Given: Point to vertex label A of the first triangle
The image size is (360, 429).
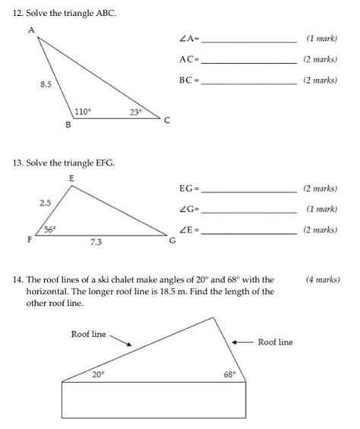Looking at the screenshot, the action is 31,29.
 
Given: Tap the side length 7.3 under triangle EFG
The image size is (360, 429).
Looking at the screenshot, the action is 96,243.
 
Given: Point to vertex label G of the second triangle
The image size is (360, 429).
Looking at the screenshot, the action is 172,241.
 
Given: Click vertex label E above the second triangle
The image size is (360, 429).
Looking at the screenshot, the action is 71,177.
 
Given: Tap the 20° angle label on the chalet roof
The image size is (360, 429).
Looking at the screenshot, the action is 98,374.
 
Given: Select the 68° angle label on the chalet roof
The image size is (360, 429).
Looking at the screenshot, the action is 229,374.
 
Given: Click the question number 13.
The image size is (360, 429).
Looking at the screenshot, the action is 18,163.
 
